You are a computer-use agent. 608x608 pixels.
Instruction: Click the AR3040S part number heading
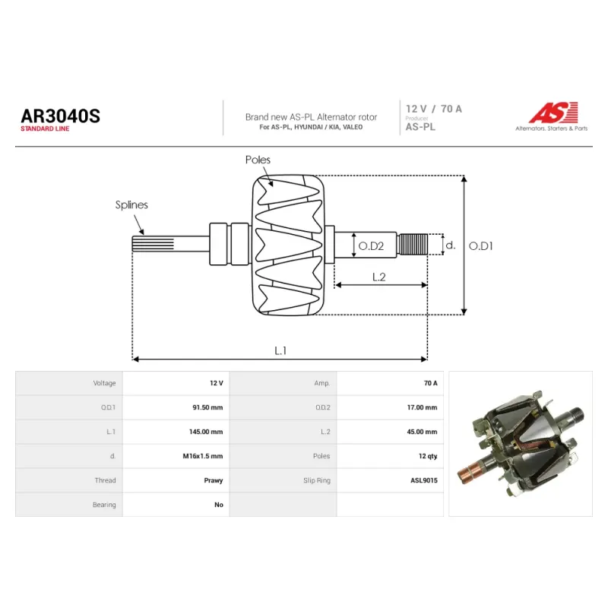(61, 116)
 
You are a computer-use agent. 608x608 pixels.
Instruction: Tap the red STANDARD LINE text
(45, 128)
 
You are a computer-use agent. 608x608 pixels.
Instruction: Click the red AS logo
(553, 112)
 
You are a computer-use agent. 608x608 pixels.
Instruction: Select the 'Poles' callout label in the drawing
(258, 160)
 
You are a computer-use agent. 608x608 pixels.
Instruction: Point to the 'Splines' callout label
(131, 204)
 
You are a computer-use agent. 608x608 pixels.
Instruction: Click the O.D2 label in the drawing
(371, 245)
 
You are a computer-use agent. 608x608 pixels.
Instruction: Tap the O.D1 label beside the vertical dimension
(481, 245)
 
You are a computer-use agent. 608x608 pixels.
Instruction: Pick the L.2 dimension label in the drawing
(378, 277)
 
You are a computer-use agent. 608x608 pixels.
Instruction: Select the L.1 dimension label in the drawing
(280, 350)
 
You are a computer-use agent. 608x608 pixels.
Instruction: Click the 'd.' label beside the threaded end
(450, 245)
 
